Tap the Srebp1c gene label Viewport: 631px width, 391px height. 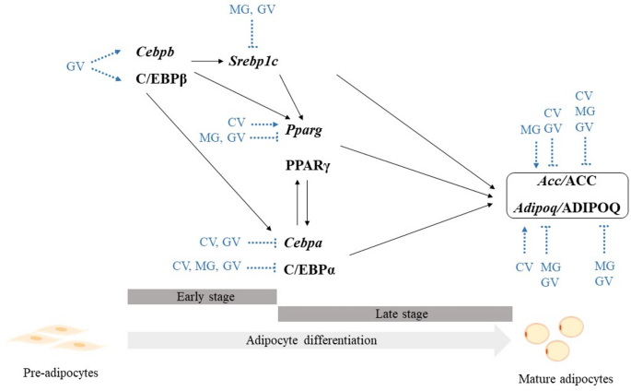[x=254, y=61]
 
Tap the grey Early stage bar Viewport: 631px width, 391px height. [x=202, y=296]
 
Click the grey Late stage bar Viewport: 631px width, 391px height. [x=395, y=314]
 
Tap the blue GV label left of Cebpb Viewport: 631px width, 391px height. [x=76, y=66]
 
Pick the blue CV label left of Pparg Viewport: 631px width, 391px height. [x=237, y=122]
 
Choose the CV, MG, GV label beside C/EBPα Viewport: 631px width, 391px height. [x=206, y=266]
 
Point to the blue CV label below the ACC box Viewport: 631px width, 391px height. [x=524, y=267]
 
